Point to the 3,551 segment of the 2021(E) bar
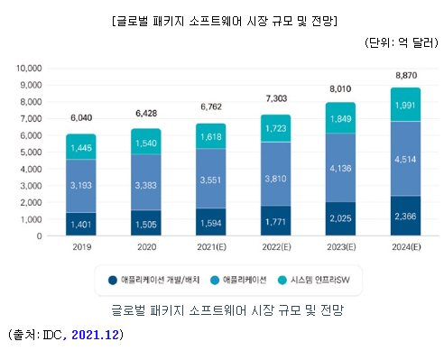(x=210, y=180)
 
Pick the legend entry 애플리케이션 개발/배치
(x=158, y=280)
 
